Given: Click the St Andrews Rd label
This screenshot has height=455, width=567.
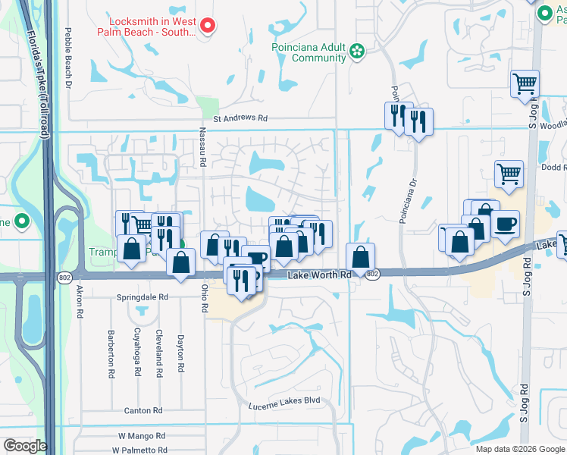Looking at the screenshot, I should click(240, 118).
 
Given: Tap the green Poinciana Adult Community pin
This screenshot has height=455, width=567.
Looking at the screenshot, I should click(357, 52).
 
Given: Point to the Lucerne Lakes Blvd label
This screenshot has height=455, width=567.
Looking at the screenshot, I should click(284, 401).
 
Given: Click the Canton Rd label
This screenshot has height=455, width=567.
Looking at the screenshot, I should click(143, 410).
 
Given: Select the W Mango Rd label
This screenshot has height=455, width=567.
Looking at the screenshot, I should click(142, 436).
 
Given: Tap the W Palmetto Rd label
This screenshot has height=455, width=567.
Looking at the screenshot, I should click(142, 450).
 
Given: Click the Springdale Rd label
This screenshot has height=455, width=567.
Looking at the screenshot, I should click(142, 297).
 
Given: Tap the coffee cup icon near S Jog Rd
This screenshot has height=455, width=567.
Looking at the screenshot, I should click(506, 224).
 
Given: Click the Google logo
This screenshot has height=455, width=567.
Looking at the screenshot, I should click(25, 446).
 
